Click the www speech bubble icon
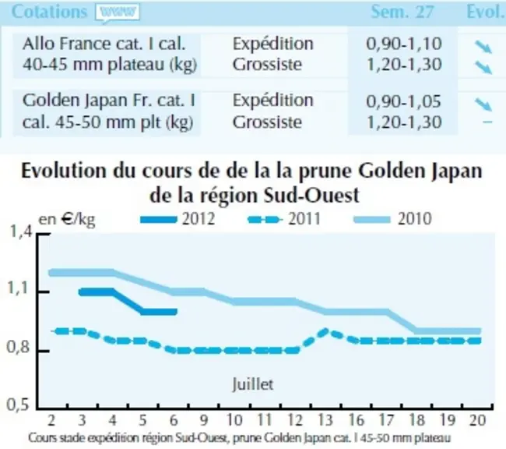[118, 13]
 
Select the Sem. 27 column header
[402, 12]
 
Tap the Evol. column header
[486, 12]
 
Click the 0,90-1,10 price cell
[404, 44]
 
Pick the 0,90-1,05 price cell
[403, 101]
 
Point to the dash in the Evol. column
[487, 122]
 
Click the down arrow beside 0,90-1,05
[483, 104]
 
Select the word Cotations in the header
[49, 12]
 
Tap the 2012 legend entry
[178, 219]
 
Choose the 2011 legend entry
[284, 219]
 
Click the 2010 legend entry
[392, 219]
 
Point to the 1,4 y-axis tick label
[21, 232]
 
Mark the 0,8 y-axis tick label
[18, 347]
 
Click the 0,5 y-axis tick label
[18, 405]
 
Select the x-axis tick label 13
[325, 420]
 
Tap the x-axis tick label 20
[478, 420]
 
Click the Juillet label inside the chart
[253, 384]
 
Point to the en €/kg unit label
[67, 220]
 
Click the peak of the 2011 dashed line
[325, 331]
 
